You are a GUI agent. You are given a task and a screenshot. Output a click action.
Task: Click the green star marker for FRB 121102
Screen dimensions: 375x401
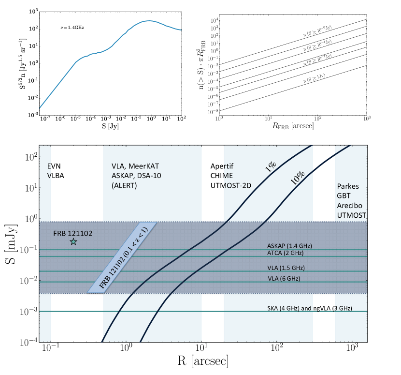(x=73, y=241)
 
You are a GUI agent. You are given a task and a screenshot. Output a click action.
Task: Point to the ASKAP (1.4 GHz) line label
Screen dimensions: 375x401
(x=288, y=245)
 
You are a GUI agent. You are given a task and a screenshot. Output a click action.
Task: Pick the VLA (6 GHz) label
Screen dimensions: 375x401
(x=282, y=279)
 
